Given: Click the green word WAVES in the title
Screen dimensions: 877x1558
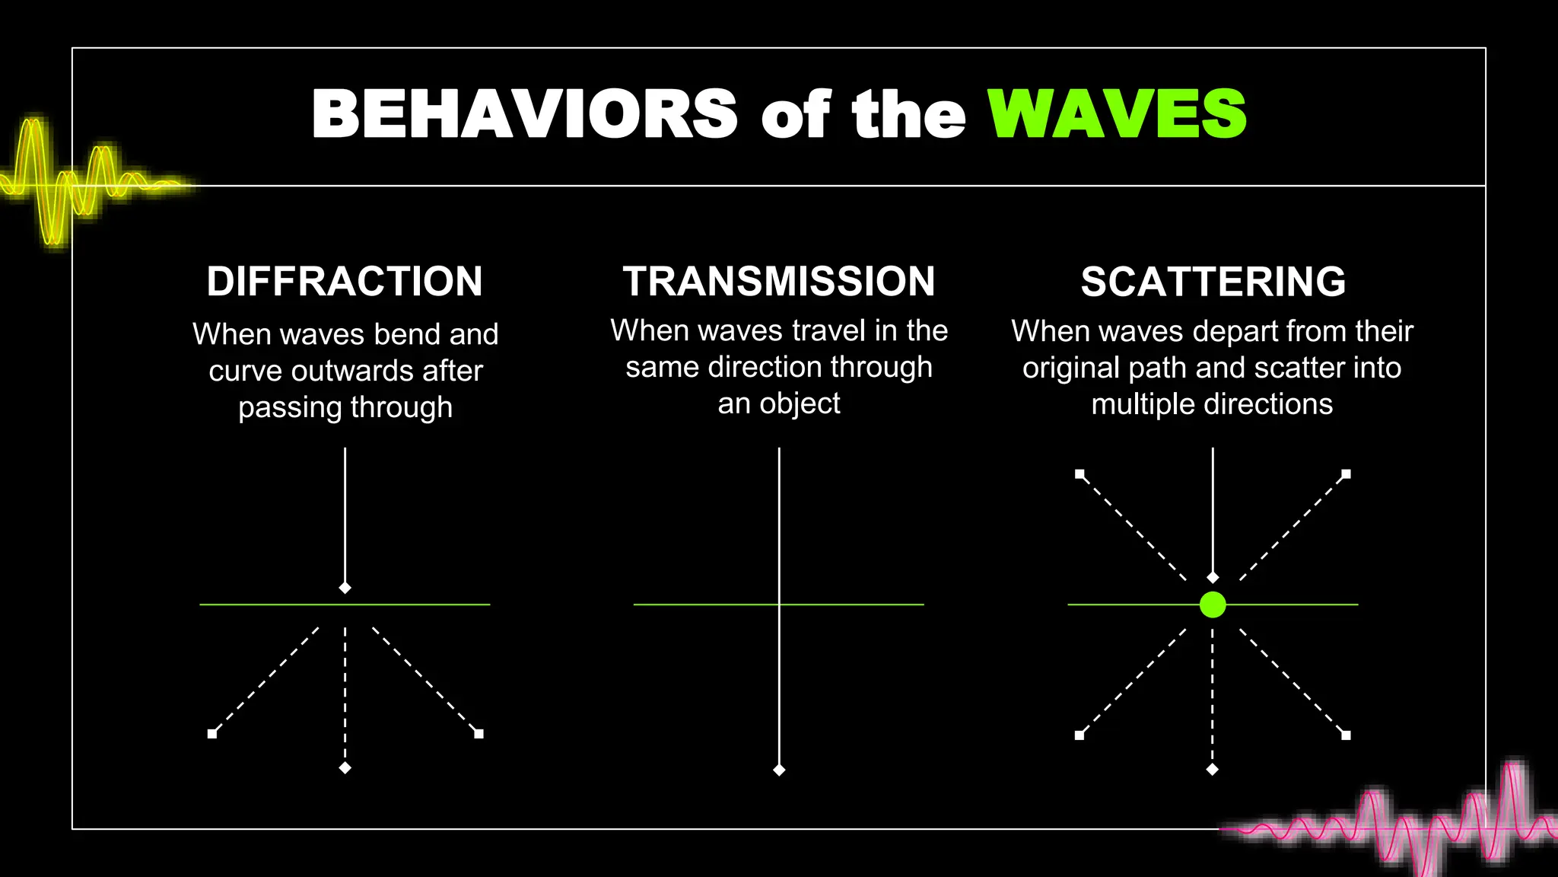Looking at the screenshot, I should pos(1117,114).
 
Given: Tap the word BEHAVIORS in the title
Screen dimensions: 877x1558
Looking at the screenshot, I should pos(524,114).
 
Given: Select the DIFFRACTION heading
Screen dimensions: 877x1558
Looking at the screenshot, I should pos(345,282).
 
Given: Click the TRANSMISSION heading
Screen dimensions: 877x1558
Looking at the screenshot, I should pos(779,282).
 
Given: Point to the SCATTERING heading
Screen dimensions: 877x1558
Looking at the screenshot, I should pos(1213,282).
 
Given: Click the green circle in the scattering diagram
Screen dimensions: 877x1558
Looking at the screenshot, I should pos(1213,604).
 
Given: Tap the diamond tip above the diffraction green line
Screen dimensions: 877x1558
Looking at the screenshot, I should pos(345,588).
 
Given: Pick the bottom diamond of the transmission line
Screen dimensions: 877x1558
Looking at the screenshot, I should pos(779,770).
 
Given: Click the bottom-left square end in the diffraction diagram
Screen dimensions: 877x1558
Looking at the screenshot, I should pos(212,734).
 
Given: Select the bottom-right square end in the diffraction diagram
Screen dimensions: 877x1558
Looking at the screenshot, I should pos(479,734).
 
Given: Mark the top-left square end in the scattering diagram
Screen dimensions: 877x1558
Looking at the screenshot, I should pos(1079,474).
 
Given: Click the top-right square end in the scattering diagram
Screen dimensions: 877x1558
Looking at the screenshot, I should pos(1346,474).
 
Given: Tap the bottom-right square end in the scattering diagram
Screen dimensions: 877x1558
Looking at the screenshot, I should pos(1346,735).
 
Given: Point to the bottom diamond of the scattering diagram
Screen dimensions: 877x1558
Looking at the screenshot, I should pos(1213,770).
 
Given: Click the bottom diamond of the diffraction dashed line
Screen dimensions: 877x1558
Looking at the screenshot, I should pos(345,768).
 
